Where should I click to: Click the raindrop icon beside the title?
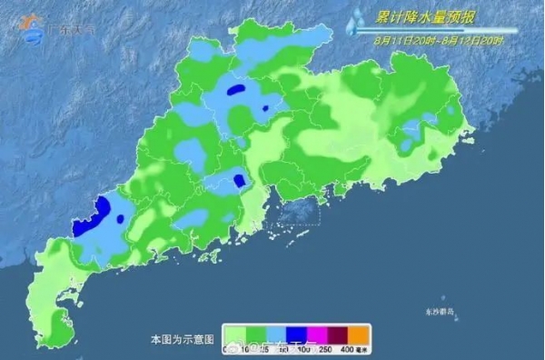pyautogui.click(x=361, y=20)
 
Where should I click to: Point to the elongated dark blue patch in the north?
pyautogui.click(x=235, y=91)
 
